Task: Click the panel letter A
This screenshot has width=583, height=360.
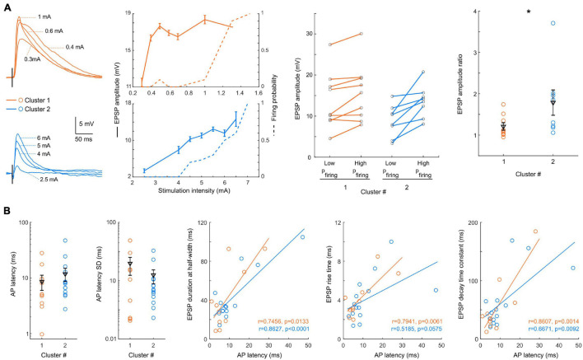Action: click(5, 6)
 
